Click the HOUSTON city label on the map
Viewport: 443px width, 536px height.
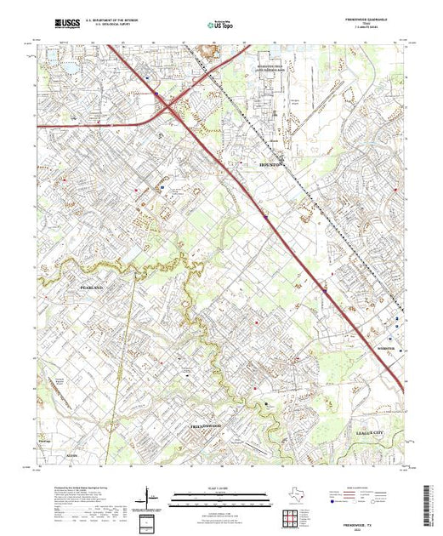pyautogui.click(x=271, y=165)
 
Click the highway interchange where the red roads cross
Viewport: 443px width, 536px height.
pyautogui.click(x=168, y=105)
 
